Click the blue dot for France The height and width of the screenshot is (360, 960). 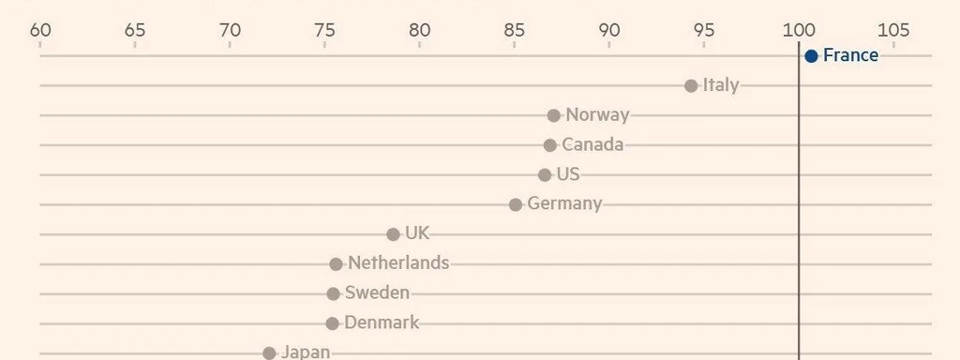coord(811,56)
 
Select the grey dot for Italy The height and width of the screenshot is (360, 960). coord(691,86)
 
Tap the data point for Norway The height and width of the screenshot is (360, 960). coord(554,115)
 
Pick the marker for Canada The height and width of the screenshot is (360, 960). coord(550,145)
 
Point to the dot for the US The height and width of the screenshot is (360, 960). coord(545,175)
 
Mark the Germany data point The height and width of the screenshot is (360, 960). coord(516,204)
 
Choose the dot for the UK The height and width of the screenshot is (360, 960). coord(393,234)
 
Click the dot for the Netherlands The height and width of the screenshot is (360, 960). coord(337,264)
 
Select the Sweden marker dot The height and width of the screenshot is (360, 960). coord(333,293)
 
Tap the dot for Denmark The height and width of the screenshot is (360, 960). coord(332,323)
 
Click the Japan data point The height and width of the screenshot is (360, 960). coord(269,353)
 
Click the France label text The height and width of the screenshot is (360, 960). coord(850,55)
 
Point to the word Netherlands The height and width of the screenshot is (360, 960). coord(398,263)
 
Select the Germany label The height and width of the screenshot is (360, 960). coord(564,203)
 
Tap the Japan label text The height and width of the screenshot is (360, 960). coord(306,352)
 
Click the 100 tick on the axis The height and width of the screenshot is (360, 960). coord(799,30)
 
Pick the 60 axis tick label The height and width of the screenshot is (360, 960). coord(40,30)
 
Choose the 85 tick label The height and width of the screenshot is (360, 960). coord(515,30)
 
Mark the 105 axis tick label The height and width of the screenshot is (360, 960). coord(893,30)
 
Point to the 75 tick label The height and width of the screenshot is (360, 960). coord(324,30)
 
